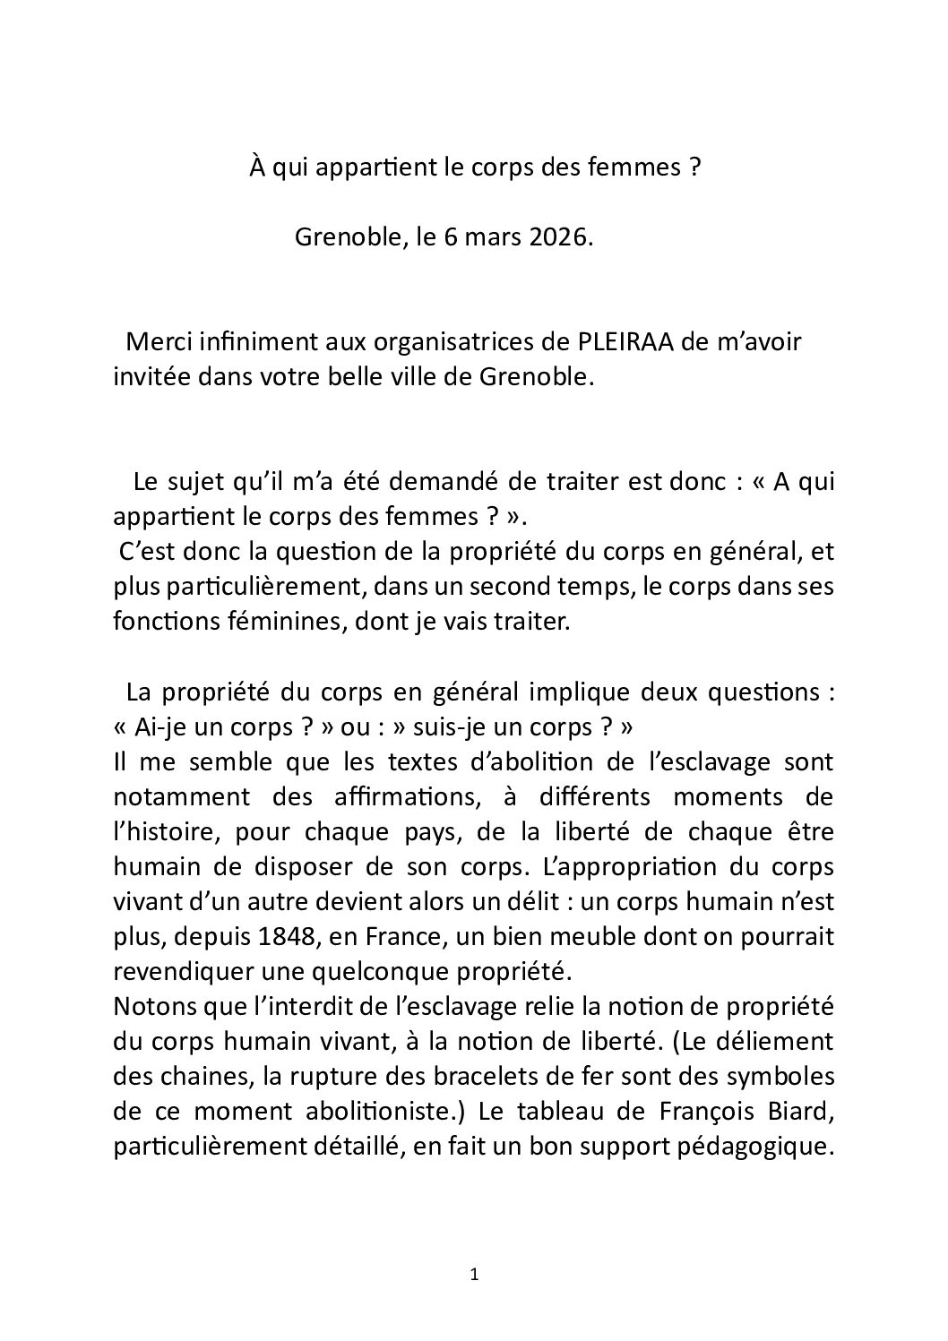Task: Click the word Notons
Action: (148, 1006)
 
